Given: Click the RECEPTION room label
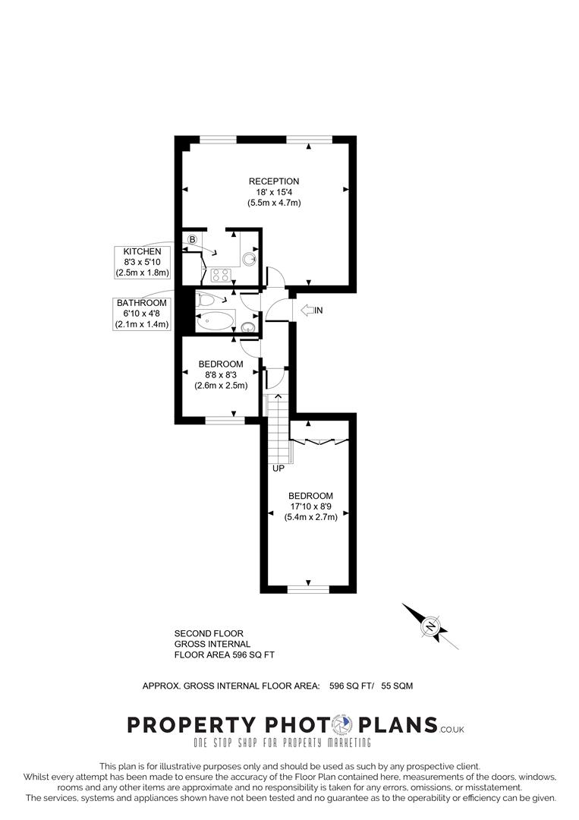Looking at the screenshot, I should coord(274,181).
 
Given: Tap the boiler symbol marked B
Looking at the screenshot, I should coord(192,240).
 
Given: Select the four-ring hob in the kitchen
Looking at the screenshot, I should coord(221,275).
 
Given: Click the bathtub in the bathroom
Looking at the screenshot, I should coord(215,322).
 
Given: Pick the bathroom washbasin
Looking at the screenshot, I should coord(247,327).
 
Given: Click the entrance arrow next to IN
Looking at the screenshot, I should coord(307,310).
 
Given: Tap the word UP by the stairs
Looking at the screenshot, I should coord(278,468).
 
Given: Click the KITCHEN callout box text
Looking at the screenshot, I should coord(142,262).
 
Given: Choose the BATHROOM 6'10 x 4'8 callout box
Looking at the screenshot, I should coord(142,314).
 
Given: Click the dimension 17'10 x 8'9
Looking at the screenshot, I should coord(310,506).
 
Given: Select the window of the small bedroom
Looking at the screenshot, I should coord(225,418).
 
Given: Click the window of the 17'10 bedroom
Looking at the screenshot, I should coord(309,588).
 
